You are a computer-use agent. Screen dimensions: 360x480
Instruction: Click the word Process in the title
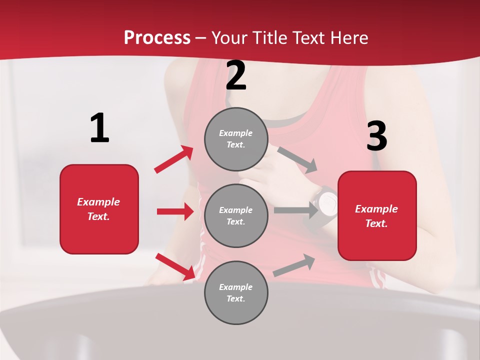coord(157,38)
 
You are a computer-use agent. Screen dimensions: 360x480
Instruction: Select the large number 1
coord(99,128)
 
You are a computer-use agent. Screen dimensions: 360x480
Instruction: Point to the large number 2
coord(236,76)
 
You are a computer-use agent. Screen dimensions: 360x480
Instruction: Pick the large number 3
coord(376,136)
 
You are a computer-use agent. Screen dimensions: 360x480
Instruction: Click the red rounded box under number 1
coord(99,209)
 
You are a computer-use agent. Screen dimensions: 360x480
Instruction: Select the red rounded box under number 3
coord(377,215)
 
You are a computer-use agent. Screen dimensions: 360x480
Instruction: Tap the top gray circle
coord(236,139)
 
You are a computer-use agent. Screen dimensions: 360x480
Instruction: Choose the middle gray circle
coord(236,215)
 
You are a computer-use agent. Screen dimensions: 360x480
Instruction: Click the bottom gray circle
coord(236,292)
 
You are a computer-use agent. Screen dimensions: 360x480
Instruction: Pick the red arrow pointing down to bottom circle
coord(175,266)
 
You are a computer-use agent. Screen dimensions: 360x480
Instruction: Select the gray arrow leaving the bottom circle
coord(294,265)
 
